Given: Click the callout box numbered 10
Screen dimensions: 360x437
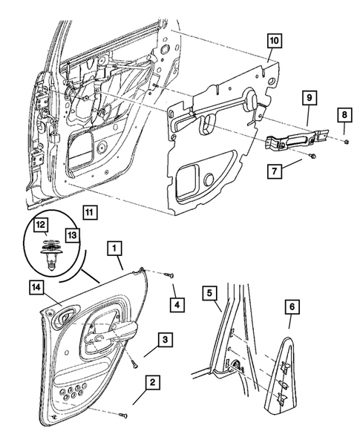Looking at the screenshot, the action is click(274, 41).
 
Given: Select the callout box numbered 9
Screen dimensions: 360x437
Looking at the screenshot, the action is click(310, 98).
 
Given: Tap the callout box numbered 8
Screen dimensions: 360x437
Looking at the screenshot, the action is click(344, 115).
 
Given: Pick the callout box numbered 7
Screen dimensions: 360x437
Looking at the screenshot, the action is click(275, 171).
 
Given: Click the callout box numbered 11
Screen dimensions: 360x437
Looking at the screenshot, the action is click(90, 212).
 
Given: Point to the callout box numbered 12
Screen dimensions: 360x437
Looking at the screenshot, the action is click(41, 225).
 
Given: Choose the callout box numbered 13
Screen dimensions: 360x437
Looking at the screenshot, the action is click(72, 235).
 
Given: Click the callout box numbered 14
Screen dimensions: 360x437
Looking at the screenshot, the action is click(36, 288).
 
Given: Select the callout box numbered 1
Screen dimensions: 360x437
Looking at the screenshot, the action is click(114, 248).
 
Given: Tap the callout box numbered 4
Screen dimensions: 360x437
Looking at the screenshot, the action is click(177, 305).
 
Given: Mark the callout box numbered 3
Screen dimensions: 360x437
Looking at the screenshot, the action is click(166, 340).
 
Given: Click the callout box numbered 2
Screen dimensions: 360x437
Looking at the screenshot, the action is click(152, 382).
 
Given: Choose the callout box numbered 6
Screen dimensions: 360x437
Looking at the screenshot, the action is click(292, 306).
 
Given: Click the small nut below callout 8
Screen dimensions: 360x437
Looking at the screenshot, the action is click(347, 142).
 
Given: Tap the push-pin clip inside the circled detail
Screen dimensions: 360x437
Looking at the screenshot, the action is click(50, 254).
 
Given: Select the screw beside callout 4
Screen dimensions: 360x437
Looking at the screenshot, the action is click(168, 275).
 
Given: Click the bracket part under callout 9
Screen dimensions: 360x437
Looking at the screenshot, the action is click(297, 139).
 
